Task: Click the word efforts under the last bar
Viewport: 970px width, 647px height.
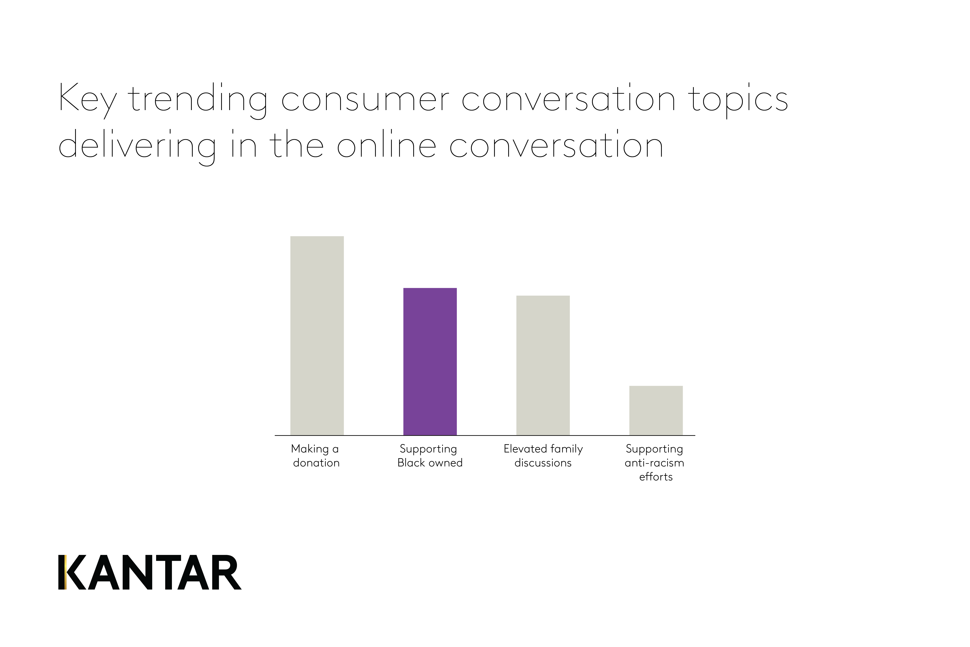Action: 656,477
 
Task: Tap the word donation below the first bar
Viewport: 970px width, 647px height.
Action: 316,463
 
